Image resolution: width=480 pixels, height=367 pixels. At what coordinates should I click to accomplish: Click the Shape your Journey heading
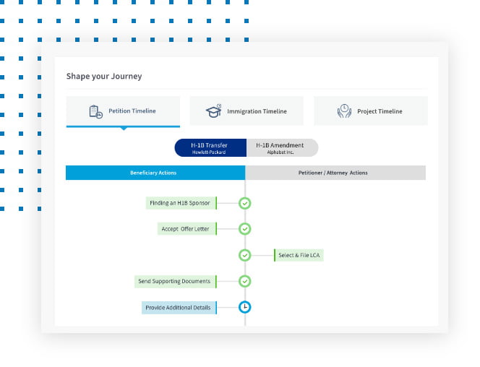[x=104, y=76]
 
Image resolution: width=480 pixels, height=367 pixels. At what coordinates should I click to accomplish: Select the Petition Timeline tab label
[x=132, y=111]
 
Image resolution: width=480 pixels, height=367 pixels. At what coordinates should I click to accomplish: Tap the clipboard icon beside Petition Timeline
[x=95, y=112]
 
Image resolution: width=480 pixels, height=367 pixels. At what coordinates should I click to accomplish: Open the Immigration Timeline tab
[x=247, y=111]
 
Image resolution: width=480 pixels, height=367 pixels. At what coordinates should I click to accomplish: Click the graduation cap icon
[x=214, y=111]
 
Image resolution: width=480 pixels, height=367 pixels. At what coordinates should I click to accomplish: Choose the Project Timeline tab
[x=371, y=111]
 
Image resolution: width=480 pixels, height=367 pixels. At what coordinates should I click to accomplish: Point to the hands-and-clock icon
[x=344, y=111]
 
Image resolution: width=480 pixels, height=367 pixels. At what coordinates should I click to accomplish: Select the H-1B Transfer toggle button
[x=210, y=147]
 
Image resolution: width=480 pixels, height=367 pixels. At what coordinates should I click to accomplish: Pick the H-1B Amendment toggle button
[x=282, y=147]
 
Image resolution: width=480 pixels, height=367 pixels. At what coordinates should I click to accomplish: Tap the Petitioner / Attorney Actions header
[x=335, y=173]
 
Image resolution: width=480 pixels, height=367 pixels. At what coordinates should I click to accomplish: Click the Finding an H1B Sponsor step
[x=181, y=203]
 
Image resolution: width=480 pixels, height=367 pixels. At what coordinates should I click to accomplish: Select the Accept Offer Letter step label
[x=187, y=229]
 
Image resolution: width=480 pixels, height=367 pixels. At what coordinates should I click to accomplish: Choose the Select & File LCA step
[x=299, y=255]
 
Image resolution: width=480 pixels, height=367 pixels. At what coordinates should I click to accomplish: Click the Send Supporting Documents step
[x=176, y=281]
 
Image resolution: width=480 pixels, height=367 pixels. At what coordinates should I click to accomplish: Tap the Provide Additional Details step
[x=179, y=308]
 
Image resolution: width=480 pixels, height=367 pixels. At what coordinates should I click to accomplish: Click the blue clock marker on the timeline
[x=245, y=307]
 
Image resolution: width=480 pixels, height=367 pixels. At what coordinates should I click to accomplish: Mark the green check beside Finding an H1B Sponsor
[x=245, y=203]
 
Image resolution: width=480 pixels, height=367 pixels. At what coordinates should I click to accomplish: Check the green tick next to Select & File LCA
[x=245, y=255]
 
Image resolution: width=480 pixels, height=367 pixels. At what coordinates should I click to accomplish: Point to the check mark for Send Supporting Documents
[x=245, y=281]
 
